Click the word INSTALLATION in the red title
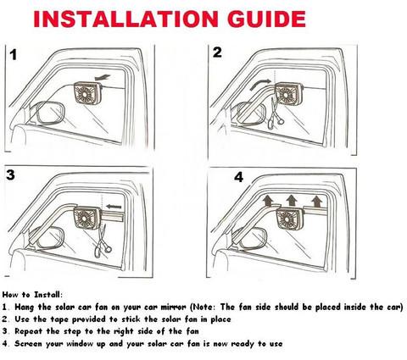click(x=125, y=19)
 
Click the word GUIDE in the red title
click(x=266, y=19)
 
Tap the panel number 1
click(x=14, y=55)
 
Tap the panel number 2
click(x=217, y=53)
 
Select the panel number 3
click(x=10, y=174)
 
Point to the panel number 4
click(x=238, y=177)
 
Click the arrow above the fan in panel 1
click(x=102, y=77)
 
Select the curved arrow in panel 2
click(x=260, y=84)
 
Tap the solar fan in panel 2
click(x=288, y=95)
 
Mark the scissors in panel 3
click(x=103, y=241)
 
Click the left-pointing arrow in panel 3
click(x=114, y=207)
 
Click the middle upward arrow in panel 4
click(x=292, y=200)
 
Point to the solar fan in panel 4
click(x=289, y=219)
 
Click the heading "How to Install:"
click(x=32, y=295)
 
